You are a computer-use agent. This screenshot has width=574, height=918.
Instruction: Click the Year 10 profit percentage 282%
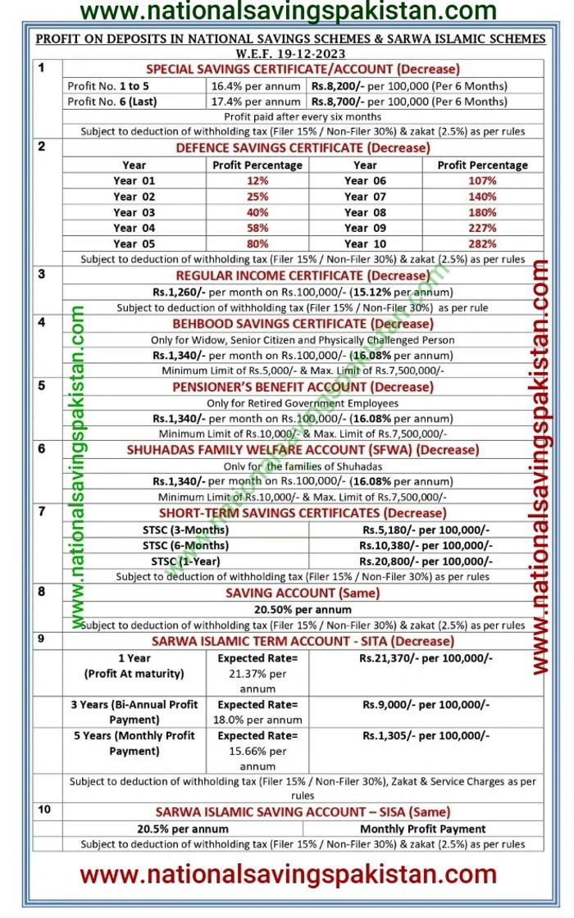[483, 243]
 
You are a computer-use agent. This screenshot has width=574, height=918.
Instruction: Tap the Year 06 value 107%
[483, 180]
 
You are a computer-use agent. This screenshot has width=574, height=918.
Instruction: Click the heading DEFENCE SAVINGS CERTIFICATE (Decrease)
[303, 148]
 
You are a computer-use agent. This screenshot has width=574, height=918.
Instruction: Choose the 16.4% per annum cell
[256, 85]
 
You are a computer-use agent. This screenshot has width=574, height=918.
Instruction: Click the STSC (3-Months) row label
[185, 529]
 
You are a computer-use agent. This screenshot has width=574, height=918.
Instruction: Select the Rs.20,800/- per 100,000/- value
[426, 561]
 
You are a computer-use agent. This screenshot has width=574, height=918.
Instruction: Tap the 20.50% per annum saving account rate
[303, 608]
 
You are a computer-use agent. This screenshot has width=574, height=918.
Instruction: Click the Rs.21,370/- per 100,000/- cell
[426, 657]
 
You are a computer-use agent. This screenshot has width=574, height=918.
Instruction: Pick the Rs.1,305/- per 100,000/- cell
[426, 736]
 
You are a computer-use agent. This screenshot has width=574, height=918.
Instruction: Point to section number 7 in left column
[42, 511]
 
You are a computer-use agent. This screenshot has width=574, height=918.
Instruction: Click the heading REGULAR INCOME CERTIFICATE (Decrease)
[303, 275]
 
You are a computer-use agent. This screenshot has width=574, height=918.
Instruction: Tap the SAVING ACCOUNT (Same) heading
[303, 593]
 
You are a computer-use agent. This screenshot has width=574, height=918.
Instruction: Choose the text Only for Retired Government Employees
[303, 402]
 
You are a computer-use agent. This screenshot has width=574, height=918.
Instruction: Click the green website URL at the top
[288, 11]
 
